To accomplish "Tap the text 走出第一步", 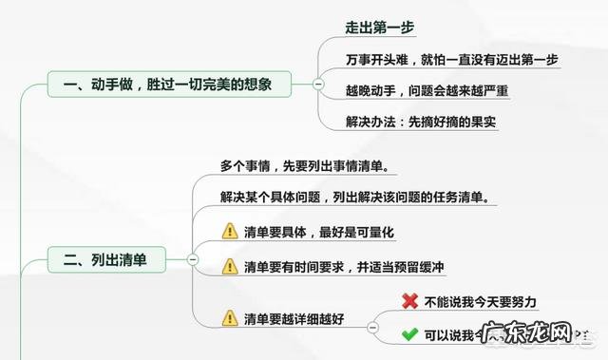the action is click(x=379, y=27).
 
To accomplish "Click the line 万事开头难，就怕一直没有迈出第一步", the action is click(x=451, y=59).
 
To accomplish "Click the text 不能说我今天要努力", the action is click(x=482, y=301).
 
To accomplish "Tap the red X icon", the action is click(x=410, y=301).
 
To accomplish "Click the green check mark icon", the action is click(x=410, y=334).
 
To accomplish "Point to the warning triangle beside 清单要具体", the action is click(x=230, y=231).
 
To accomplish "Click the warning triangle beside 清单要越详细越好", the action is click(x=230, y=317).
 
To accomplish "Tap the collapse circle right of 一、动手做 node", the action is click(x=318, y=85).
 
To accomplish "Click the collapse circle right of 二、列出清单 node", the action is click(x=193, y=257).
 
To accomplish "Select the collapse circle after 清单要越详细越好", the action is click(x=367, y=317).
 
